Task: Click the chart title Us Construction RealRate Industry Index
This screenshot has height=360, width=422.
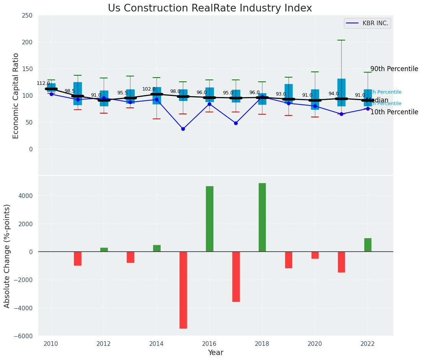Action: [210, 8]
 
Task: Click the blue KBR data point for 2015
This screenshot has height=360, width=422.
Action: [183, 129]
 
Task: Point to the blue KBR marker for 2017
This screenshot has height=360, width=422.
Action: [236, 123]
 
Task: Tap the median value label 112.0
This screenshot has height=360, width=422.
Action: [43, 83]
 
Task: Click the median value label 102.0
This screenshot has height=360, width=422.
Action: [149, 89]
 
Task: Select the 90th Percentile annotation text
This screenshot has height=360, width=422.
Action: [394, 69]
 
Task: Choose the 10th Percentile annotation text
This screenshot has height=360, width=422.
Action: [394, 112]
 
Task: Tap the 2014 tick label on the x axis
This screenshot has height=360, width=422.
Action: [156, 344]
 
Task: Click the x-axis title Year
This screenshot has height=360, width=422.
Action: [215, 352]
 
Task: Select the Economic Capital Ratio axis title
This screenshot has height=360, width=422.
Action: [16, 96]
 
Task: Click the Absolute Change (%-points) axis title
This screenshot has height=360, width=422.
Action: [7, 256]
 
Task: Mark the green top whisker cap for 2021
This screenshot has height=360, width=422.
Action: [341, 40]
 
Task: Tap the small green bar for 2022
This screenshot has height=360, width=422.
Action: [368, 245]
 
